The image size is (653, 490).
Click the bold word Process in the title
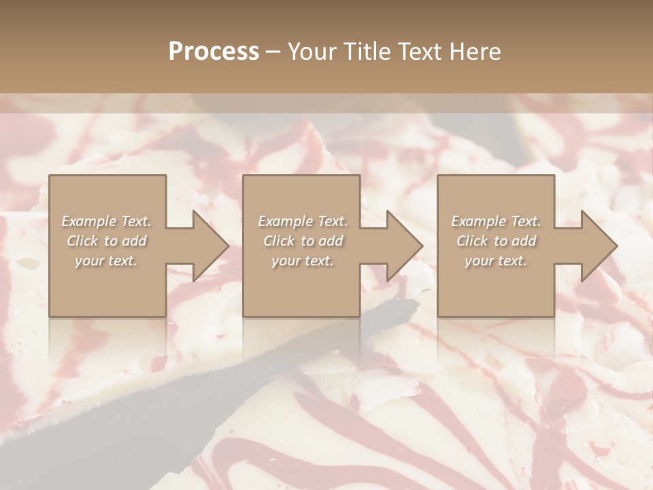pos(214,52)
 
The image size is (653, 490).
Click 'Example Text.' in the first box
pos(106,221)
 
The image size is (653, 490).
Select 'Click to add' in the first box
pos(107,241)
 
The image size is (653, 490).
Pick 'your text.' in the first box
pos(106,261)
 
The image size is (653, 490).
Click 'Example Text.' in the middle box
pos(302,221)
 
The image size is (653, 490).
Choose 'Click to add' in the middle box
pos(303,241)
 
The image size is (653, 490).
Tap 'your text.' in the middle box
pos(302,261)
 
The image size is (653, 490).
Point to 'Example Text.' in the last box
pos(496,221)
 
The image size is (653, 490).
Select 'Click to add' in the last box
pos(497,241)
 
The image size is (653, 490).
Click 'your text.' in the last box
pos(496,261)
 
